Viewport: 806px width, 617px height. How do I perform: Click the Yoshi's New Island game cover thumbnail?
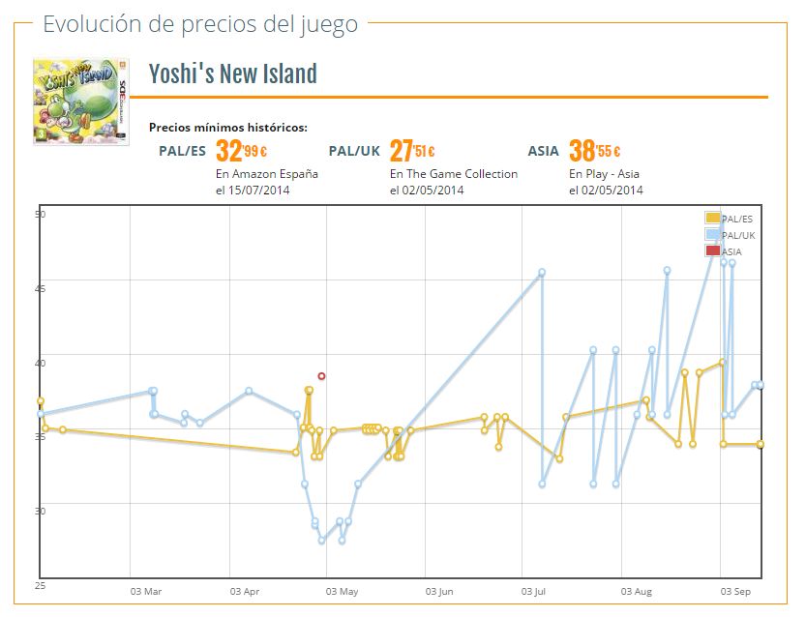(80, 99)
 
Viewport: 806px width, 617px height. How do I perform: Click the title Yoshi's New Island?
(232, 73)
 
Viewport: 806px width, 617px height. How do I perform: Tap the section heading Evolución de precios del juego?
(200, 24)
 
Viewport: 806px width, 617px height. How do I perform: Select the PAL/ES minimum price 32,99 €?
(241, 151)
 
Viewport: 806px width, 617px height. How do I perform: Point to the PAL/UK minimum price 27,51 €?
(411, 151)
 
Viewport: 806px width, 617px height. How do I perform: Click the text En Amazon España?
(266, 174)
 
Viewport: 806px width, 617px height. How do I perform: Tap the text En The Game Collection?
(453, 174)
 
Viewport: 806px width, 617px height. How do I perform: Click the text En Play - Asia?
(604, 174)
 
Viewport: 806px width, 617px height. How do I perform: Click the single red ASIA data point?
(321, 376)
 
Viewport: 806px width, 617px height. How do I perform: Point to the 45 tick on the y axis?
(41, 287)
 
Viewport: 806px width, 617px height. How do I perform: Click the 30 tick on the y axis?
(41, 511)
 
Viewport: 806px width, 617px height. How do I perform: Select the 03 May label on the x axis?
(342, 591)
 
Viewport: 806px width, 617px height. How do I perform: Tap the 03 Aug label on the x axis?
(638, 591)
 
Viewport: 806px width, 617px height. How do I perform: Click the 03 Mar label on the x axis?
(145, 591)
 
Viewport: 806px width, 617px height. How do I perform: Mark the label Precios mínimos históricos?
(228, 128)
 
